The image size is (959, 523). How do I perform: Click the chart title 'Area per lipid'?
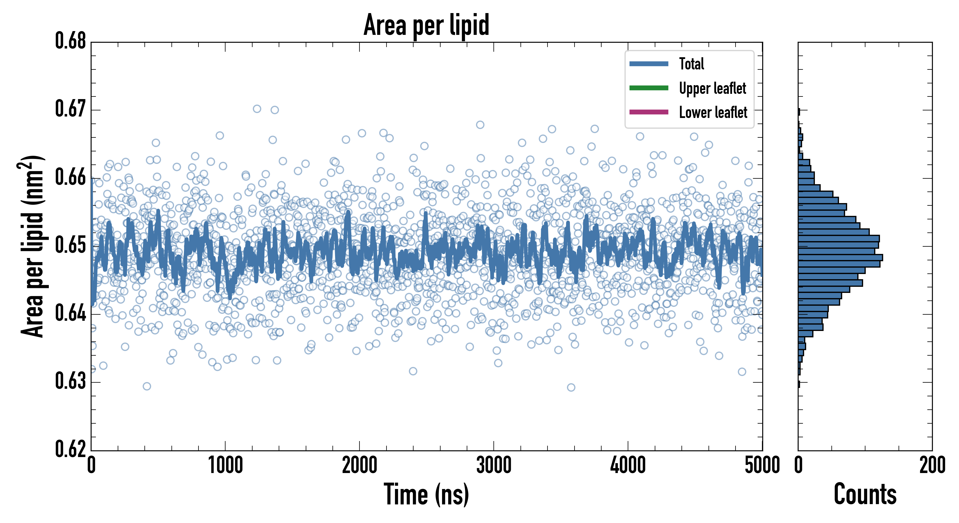point(426,25)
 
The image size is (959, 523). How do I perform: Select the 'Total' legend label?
point(691,64)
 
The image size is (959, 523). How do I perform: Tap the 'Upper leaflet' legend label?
point(713,88)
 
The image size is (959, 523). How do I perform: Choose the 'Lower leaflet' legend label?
point(713,112)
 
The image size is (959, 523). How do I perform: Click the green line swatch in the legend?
point(649,88)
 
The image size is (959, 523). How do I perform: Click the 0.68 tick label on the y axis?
point(71,41)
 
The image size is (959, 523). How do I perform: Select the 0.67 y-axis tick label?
point(71,110)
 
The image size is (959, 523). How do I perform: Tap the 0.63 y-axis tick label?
point(71,381)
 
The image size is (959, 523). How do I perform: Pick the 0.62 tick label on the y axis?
point(71,449)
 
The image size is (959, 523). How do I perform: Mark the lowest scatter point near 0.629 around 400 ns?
point(147,386)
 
